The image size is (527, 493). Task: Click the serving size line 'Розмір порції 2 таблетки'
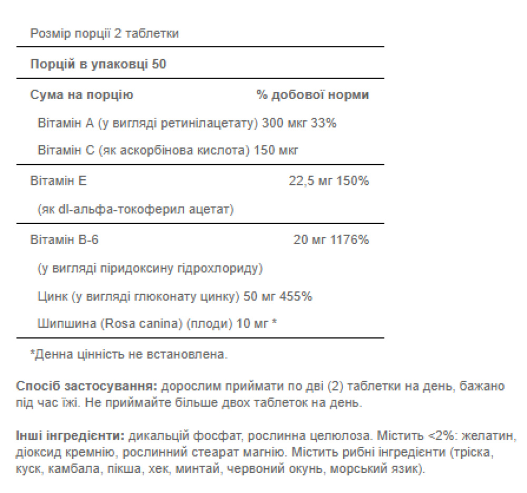click(x=104, y=34)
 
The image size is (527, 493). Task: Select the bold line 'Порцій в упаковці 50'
click(x=98, y=65)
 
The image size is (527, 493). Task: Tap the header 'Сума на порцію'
click(x=82, y=95)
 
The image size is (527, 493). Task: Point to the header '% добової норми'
click(x=313, y=95)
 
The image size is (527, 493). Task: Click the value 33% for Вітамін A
click(x=324, y=123)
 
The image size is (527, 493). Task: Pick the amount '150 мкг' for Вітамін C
click(x=276, y=151)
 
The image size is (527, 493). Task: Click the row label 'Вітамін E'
click(x=58, y=181)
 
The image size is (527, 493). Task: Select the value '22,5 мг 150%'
click(x=328, y=181)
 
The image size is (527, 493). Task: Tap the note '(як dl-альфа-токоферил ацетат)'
click(x=136, y=210)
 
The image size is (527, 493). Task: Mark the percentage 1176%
click(x=349, y=240)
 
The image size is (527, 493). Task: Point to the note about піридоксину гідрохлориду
click(x=150, y=269)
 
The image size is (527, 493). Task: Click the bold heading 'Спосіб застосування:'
click(x=87, y=386)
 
